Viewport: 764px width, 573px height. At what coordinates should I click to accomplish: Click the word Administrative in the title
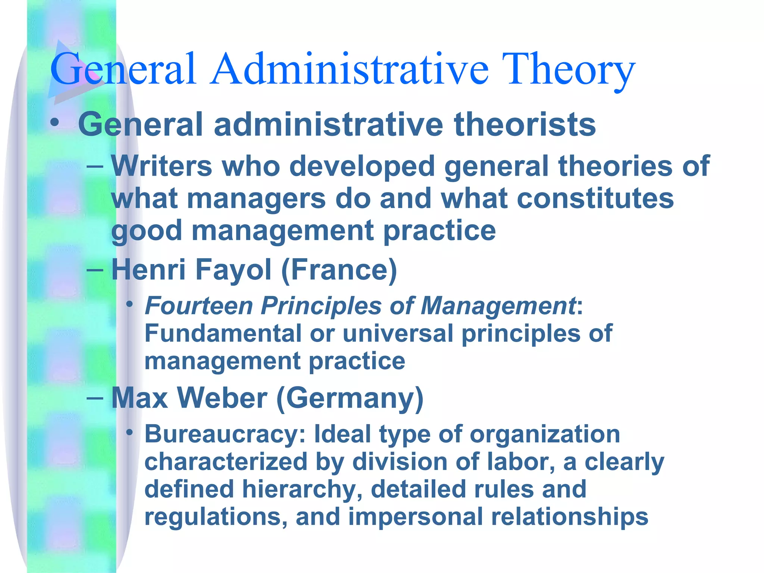coord(349,69)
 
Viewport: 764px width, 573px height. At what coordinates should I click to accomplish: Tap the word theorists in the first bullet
coord(525,125)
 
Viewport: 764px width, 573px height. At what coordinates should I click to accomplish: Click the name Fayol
coord(233,270)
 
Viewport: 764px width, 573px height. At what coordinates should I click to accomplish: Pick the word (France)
coord(339,270)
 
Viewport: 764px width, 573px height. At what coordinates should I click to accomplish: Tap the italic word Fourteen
coord(199,306)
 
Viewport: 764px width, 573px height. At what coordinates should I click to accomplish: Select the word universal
coord(398,333)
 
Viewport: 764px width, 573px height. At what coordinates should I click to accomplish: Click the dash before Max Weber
coord(95,398)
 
